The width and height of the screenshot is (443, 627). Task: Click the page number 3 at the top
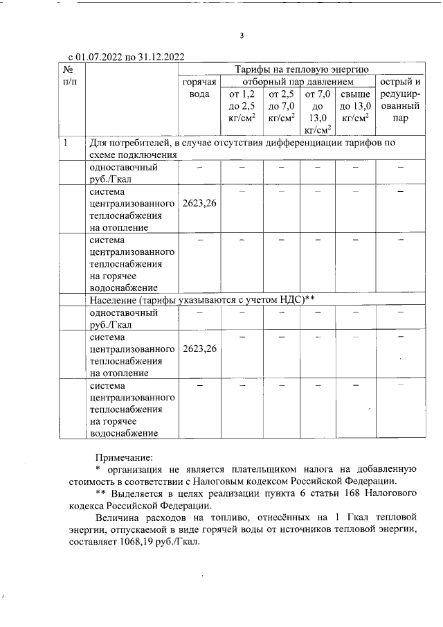pos(242,35)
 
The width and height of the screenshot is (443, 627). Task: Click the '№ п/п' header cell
pos(69,76)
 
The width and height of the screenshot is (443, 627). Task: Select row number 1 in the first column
pos(66,143)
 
